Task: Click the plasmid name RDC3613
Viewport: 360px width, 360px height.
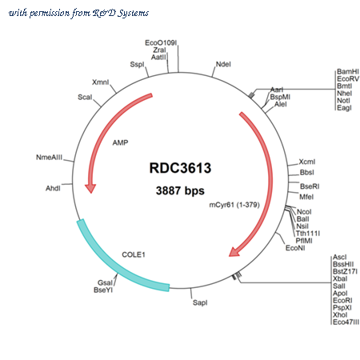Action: [180, 168]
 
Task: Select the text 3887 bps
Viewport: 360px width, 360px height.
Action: [180, 190]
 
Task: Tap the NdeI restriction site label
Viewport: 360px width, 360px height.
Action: [223, 64]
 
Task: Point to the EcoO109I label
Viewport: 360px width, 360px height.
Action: [161, 42]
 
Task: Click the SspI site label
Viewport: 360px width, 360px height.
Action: [137, 65]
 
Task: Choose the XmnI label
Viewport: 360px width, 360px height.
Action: [100, 82]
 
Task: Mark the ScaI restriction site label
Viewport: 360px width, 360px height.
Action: [85, 97]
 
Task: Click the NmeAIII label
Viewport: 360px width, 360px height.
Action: [49, 158]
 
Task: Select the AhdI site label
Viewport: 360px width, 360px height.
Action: [53, 188]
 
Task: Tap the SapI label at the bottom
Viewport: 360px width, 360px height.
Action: [200, 302]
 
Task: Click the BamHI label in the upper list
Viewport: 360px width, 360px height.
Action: [348, 71]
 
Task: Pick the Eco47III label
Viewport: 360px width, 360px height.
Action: [346, 322]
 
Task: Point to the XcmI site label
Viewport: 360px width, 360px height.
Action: [307, 162]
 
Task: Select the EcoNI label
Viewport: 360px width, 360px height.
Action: [295, 248]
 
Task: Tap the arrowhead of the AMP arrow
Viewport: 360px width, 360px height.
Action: [90, 188]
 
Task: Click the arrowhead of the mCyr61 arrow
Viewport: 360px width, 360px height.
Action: [234, 252]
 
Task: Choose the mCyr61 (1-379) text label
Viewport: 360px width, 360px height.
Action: [234, 205]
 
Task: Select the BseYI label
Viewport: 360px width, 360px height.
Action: [103, 290]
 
